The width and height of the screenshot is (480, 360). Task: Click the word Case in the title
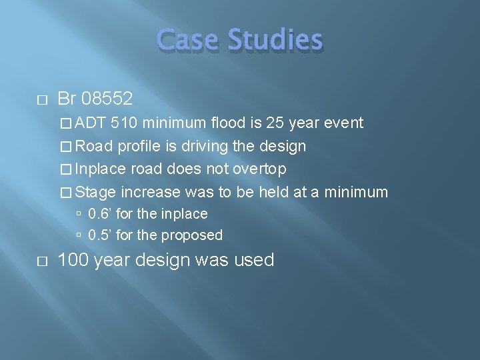189,40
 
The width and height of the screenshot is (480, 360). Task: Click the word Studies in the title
275,40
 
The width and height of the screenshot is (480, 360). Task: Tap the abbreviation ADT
91,123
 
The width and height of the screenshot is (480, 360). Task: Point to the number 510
125,123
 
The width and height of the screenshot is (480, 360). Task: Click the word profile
139,147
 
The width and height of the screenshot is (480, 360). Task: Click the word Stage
96,193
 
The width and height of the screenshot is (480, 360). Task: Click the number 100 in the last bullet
73,260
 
